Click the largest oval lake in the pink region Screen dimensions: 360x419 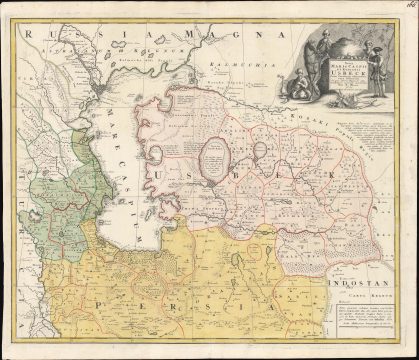click(x=216, y=157)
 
